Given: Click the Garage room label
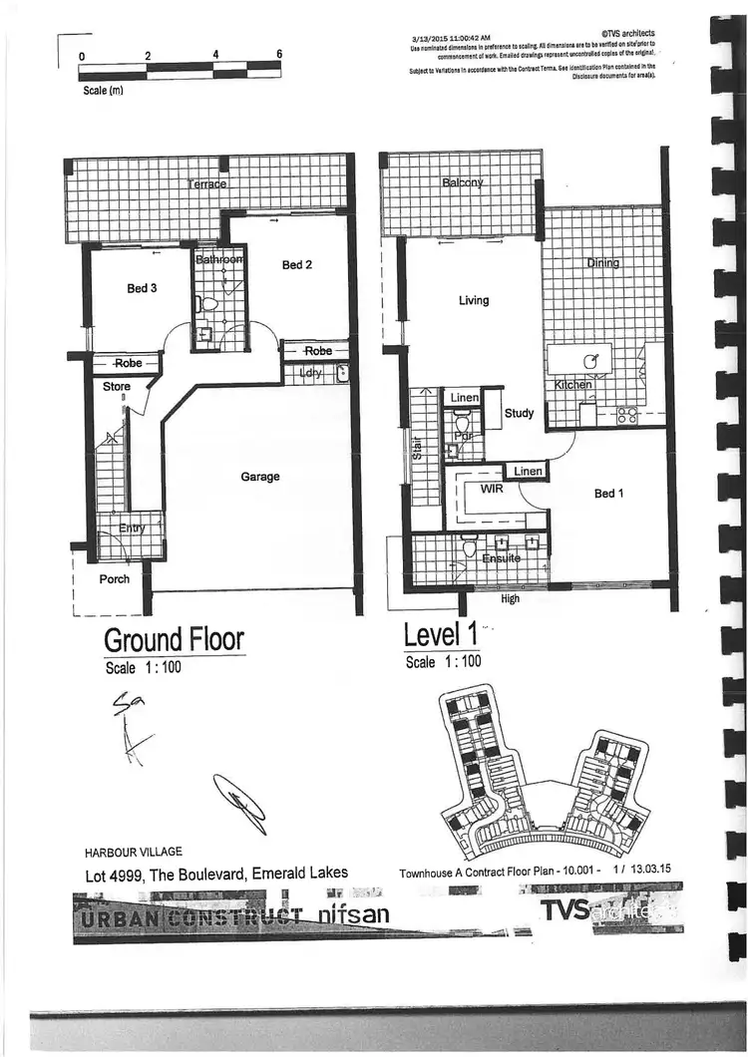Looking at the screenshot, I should click(x=260, y=477).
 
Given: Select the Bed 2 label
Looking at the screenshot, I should click(x=297, y=264).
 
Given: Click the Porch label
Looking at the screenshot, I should click(x=114, y=578).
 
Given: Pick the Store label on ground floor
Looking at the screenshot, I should click(x=117, y=386).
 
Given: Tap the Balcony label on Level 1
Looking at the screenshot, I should click(x=462, y=182).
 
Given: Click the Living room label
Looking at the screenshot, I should click(x=473, y=300).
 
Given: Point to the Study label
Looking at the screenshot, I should click(x=519, y=413).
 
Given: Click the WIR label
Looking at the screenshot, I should click(x=491, y=490).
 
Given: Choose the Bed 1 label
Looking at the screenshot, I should click(x=609, y=494).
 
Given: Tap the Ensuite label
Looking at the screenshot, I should click(x=501, y=558).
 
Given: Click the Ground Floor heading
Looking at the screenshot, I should click(x=174, y=638).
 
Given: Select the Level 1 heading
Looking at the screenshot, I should click(x=439, y=634).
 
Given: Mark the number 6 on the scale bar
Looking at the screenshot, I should click(x=280, y=55).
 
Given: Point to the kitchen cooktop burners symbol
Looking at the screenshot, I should click(x=626, y=416).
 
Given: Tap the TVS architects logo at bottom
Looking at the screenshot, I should click(x=598, y=910).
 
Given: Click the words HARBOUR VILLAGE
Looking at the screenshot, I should click(x=134, y=852).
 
